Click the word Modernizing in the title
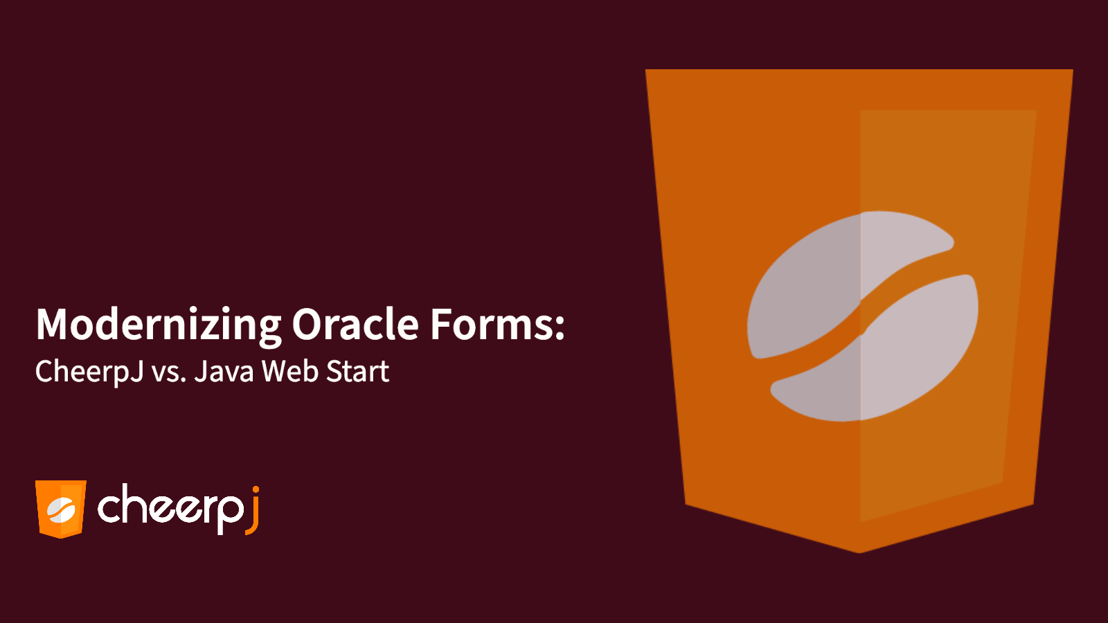tap(158, 324)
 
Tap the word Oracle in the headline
tap(355, 324)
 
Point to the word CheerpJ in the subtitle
tap(89, 372)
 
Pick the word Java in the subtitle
tap(224, 372)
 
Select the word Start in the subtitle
tap(357, 372)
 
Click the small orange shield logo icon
tap(61, 509)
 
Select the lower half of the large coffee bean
tap(893, 360)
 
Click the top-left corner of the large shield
tap(647, 71)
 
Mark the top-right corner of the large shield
tap(1071, 71)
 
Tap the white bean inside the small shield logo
tap(61, 510)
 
